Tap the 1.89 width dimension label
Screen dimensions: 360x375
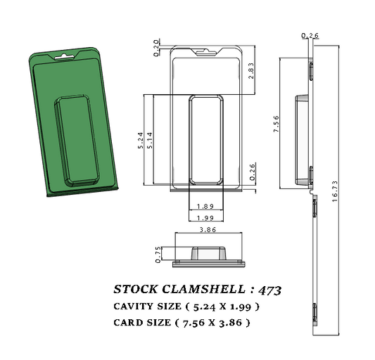[206, 206]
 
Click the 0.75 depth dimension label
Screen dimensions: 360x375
[159, 254]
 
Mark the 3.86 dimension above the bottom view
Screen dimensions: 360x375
[208, 230]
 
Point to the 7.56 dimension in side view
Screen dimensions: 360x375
[277, 124]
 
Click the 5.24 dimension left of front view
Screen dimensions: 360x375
[141, 139]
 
